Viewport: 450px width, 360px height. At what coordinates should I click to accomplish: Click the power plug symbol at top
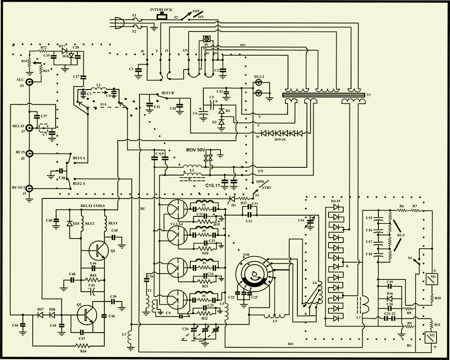point(119,25)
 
